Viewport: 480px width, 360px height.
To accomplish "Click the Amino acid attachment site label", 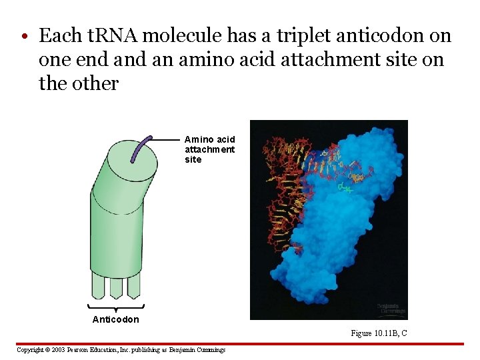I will tap(209, 149).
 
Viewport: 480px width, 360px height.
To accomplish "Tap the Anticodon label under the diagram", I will tap(116, 319).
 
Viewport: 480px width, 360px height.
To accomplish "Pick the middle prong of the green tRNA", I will tap(116, 287).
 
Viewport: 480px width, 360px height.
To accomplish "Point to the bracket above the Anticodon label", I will tap(116, 307).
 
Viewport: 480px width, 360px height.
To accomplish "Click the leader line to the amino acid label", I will tap(167, 138).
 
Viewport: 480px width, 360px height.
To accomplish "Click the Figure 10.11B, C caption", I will tap(379, 333).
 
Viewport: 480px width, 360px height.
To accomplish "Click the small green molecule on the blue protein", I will tap(344, 189).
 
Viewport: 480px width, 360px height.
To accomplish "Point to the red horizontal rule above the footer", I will tap(240, 344).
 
